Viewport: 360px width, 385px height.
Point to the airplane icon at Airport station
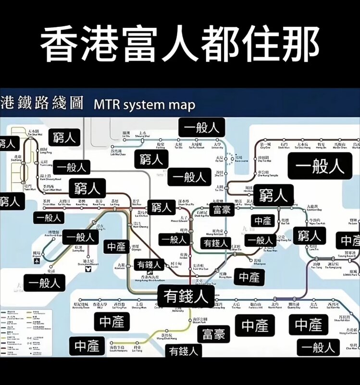pos(37,260)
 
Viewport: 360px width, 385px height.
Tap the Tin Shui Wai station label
pos(33,132)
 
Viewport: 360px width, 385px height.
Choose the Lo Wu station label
pos(126,134)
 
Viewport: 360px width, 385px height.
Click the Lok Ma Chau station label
pos(118,153)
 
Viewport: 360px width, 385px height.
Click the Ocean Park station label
pos(199,321)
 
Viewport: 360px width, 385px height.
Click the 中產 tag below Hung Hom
pos(249,277)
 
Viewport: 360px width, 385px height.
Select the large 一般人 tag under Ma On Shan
pos(320,166)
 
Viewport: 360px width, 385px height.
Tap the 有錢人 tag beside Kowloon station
pos(149,264)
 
